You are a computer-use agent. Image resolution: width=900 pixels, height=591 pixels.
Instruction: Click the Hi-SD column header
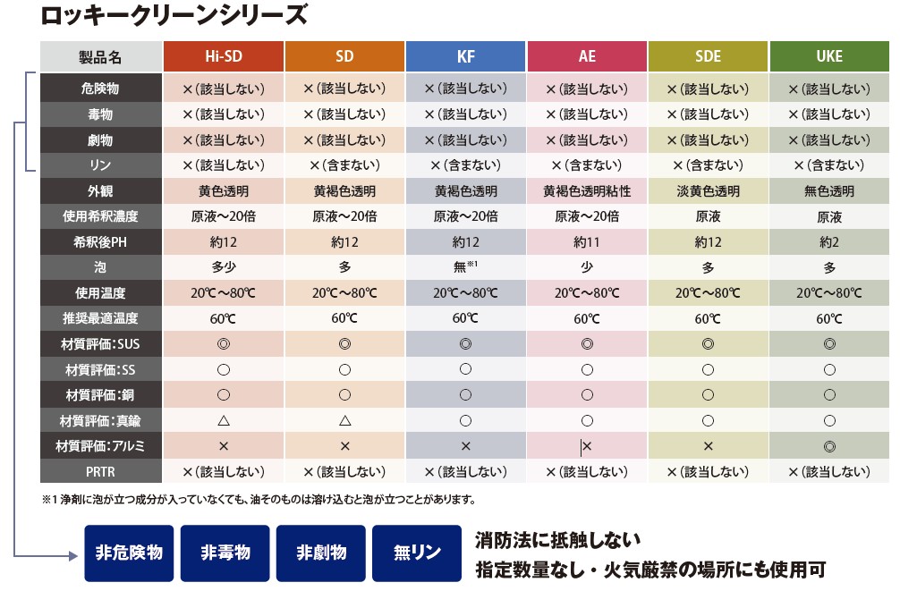coord(224,56)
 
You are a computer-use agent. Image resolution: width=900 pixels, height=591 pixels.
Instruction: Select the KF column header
coord(466,56)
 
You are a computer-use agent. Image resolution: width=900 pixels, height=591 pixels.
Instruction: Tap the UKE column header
coord(829,56)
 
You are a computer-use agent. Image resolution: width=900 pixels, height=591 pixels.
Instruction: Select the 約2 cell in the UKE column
coord(829,242)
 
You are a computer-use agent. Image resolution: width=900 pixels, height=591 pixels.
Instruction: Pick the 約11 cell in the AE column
coord(587,242)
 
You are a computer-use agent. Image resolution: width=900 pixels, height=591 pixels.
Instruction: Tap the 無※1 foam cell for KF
coord(466,267)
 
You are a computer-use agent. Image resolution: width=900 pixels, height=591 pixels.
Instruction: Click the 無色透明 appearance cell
coord(829,191)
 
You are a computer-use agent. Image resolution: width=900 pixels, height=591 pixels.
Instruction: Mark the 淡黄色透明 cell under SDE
coord(708,191)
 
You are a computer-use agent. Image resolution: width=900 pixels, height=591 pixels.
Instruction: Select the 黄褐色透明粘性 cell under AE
coord(587,191)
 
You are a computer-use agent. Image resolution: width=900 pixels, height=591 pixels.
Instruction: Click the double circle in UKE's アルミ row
coord(829,445)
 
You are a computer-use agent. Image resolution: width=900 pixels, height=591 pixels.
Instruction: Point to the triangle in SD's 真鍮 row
coord(344,420)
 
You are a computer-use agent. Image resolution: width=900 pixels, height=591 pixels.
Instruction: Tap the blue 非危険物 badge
coord(129,553)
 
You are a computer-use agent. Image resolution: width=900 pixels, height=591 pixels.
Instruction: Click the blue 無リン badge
coord(418,553)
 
